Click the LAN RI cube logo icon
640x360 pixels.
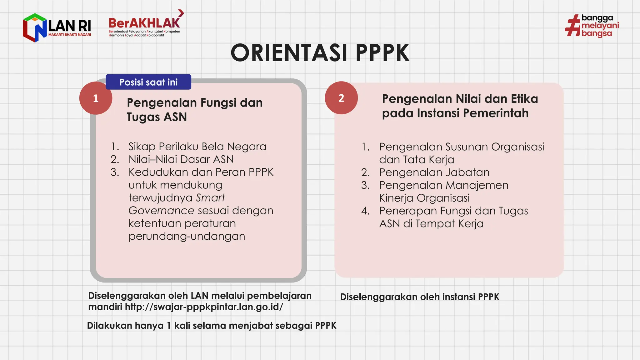click(x=34, y=27)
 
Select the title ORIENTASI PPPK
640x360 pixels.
click(x=320, y=53)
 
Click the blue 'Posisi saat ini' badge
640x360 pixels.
click(x=148, y=82)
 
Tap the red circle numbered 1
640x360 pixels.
click(x=96, y=98)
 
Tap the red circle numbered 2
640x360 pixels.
click(x=341, y=98)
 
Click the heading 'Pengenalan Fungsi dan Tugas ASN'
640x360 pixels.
click(x=194, y=110)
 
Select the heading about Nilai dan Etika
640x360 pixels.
click(x=460, y=106)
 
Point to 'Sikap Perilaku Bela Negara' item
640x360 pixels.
click(x=197, y=147)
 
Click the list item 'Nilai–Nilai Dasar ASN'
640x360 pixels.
click(x=181, y=159)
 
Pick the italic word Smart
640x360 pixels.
click(x=210, y=198)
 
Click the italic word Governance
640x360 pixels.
click(x=161, y=211)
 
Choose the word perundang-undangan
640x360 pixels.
click(x=187, y=236)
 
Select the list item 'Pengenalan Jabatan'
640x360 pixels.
click(x=434, y=172)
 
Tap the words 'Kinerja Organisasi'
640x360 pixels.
click(x=424, y=198)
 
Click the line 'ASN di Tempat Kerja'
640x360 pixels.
click(x=431, y=224)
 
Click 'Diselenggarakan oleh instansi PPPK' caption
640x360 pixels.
click(x=419, y=297)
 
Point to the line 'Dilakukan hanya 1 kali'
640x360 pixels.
click(x=211, y=326)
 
